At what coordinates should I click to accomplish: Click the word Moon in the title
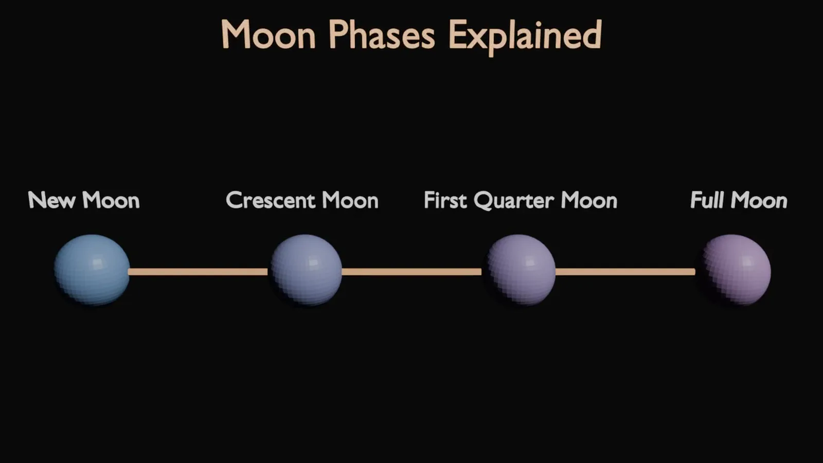point(268,35)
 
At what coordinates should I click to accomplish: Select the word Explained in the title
point(525,37)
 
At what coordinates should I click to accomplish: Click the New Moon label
point(84,200)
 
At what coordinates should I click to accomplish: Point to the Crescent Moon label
point(302,200)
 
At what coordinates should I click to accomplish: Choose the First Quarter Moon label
point(521,201)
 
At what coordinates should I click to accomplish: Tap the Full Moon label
point(739,200)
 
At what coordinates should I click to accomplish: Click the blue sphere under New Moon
point(92,270)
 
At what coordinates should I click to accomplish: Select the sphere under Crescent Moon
point(306,270)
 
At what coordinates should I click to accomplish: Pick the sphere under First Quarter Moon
point(521,270)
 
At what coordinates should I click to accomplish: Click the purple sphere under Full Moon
point(735,270)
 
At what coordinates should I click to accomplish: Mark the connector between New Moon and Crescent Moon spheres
point(199,272)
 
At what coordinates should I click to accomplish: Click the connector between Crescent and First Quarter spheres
point(411,272)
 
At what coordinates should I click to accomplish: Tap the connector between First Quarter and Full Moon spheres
point(625,272)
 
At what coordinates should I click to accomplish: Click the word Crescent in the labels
point(271,201)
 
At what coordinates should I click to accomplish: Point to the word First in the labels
point(445,200)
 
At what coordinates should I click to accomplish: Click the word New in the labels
point(51,200)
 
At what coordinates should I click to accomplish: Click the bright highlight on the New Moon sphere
point(98,262)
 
